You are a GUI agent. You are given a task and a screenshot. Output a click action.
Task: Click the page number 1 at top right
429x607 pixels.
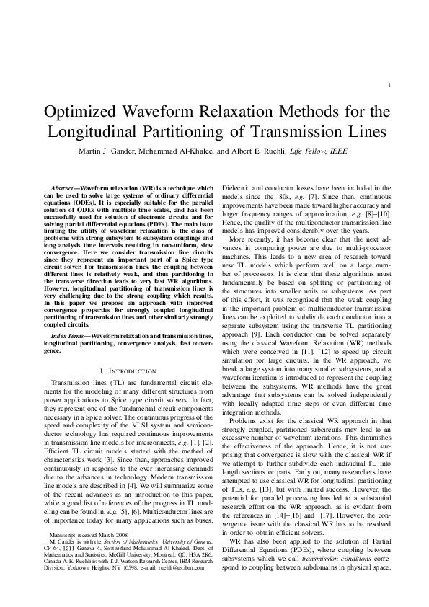pyautogui.click(x=390, y=85)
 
